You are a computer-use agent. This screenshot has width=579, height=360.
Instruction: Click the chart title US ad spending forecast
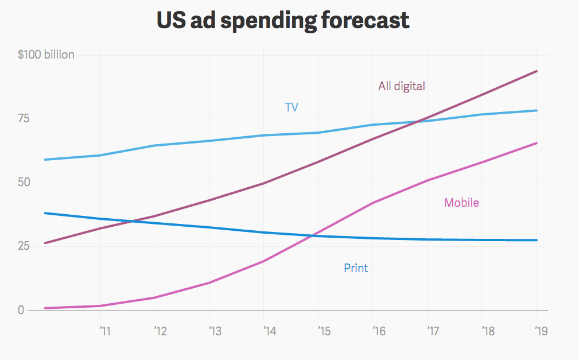tap(283, 21)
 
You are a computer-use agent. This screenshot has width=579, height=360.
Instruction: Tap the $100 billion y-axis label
tap(46, 55)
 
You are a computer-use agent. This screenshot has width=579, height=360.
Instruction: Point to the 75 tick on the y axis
tap(38, 119)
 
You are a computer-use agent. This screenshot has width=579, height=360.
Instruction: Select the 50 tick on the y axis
tap(38, 183)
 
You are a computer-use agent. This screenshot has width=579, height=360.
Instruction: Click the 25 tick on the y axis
tap(38, 246)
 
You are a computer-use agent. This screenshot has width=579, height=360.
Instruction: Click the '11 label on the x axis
tap(104, 331)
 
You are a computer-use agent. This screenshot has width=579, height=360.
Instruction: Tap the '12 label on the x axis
tap(160, 331)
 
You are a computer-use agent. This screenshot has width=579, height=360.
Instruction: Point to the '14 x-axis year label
tap(269, 331)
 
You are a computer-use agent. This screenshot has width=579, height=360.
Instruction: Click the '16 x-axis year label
tap(379, 331)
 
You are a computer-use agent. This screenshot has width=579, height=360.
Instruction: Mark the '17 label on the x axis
tap(433, 331)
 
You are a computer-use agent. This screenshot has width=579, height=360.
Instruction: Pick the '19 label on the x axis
tap(541, 331)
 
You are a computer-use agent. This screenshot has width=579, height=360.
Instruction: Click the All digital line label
tap(402, 86)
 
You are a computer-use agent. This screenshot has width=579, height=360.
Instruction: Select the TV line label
tap(292, 107)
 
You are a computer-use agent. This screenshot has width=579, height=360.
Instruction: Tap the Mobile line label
tap(461, 203)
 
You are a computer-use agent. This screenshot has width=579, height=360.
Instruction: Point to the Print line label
tap(356, 268)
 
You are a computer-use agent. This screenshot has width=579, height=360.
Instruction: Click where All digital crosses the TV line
tap(421, 121)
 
